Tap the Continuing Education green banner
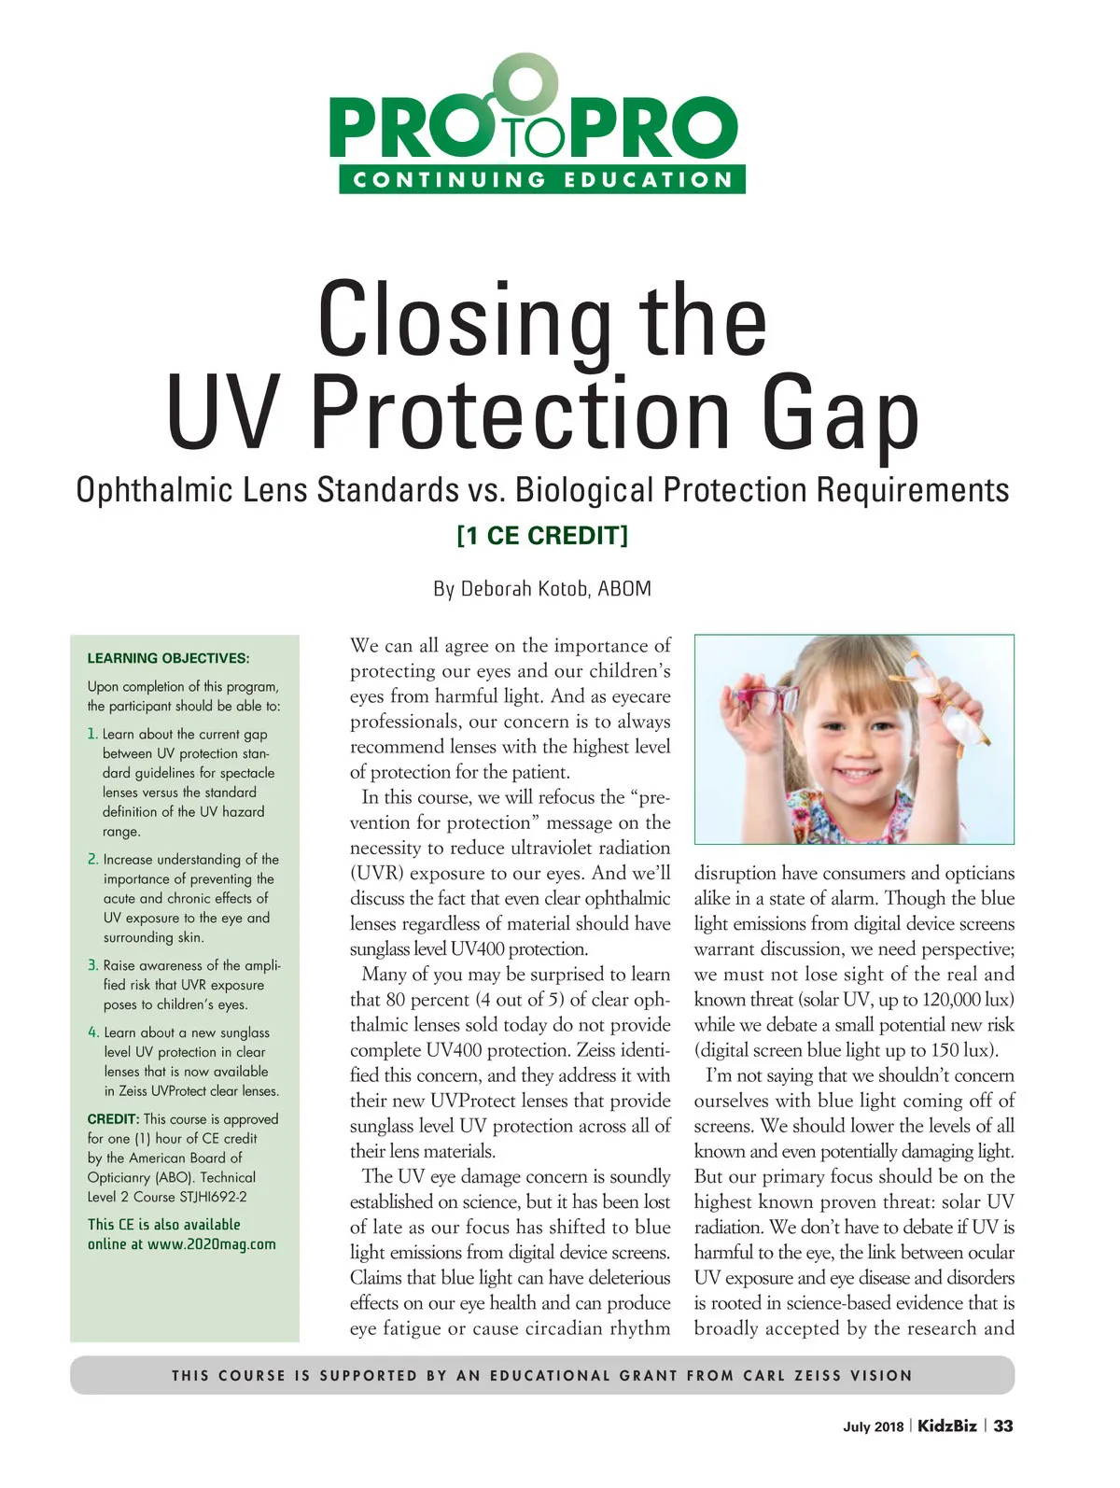(x=541, y=179)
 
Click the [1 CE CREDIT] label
(x=542, y=536)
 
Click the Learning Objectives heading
(x=168, y=658)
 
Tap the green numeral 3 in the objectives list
(x=92, y=965)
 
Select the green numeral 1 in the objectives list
(x=92, y=734)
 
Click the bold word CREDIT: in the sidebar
(x=113, y=1118)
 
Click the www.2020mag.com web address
(x=211, y=1243)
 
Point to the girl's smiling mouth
(x=855, y=773)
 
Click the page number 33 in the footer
(x=1003, y=1425)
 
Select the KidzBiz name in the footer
(x=947, y=1425)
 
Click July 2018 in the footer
(x=874, y=1426)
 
